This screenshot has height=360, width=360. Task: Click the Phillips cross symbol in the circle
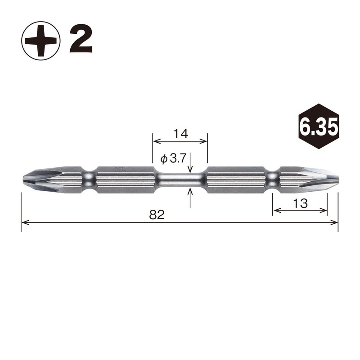pos(40,40)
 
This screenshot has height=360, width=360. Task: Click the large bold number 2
pos(81,40)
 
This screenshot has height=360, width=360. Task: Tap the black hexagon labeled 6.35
pos(318,127)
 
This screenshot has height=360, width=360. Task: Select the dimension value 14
pos(180,133)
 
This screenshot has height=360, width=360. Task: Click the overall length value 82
pos(157,215)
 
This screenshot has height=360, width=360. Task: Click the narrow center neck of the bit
pos(180,180)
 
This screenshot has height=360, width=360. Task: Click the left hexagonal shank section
pos(126,180)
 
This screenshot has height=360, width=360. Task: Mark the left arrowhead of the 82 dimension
pos(24,222)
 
